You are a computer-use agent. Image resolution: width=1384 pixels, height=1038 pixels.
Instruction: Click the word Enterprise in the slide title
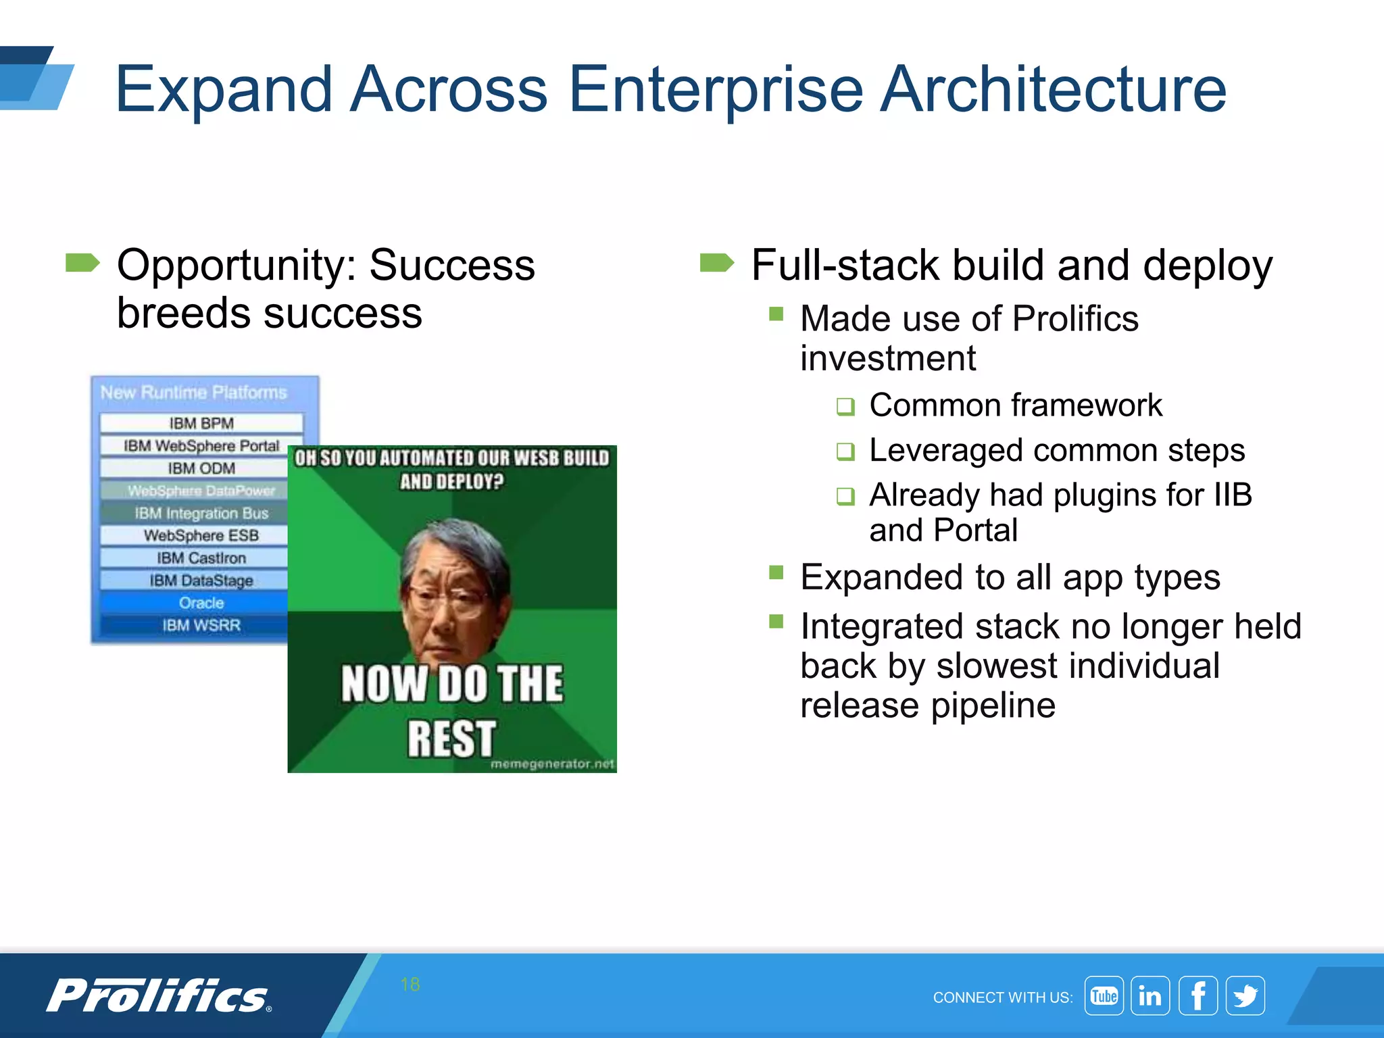pos(715,90)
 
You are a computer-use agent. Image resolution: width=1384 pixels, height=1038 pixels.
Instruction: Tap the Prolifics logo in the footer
pos(159,996)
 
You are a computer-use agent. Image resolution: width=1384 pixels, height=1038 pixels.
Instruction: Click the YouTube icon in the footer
pos(1104,995)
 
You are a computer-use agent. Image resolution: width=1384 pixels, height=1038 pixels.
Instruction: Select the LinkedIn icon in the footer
pos(1150,995)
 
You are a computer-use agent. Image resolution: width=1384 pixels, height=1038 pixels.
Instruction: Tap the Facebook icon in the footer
pos(1197,995)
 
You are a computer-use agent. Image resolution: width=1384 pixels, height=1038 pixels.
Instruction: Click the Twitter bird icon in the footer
pos(1245,995)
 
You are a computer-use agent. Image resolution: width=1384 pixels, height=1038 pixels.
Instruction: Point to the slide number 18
pos(410,984)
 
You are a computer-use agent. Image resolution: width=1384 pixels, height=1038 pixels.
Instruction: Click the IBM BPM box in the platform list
pos(201,423)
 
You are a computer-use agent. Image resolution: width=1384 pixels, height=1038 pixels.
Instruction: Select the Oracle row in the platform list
pos(201,602)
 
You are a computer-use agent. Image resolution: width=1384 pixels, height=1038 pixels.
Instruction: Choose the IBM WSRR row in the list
pos(201,625)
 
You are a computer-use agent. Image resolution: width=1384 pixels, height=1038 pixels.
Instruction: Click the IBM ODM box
pos(201,468)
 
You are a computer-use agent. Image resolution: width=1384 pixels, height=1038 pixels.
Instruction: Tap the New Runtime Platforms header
pos(194,393)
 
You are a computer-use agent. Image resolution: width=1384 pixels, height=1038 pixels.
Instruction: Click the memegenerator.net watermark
pos(552,764)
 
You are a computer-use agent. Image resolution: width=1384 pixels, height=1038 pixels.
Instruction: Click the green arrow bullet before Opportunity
pos(82,262)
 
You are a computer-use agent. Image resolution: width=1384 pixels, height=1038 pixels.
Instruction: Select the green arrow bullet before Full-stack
pos(717,262)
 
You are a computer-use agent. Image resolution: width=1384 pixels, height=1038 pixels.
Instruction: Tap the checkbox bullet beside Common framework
pos(845,407)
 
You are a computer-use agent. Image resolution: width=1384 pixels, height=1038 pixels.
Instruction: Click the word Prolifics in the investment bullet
pos(1075,318)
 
